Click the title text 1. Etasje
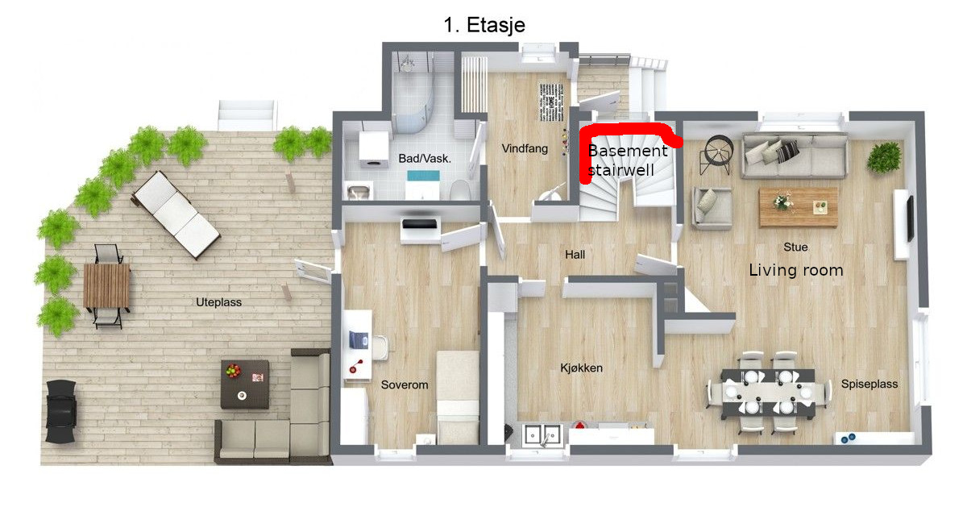coord(484,25)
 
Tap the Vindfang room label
coord(525,148)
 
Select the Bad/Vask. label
coord(425,159)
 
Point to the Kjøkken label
coord(581,368)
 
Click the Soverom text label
coord(405,384)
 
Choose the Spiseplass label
coord(869,384)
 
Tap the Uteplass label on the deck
coord(218,302)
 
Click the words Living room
coord(795,270)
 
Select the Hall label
coord(575,255)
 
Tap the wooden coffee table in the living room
coord(799,207)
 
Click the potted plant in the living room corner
coord(885,157)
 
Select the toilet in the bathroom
coord(459,190)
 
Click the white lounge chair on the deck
coord(176,214)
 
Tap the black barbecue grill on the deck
coord(60,411)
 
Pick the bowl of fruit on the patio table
coord(233,371)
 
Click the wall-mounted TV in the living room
coord(911,218)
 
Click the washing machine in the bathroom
coord(374,148)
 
